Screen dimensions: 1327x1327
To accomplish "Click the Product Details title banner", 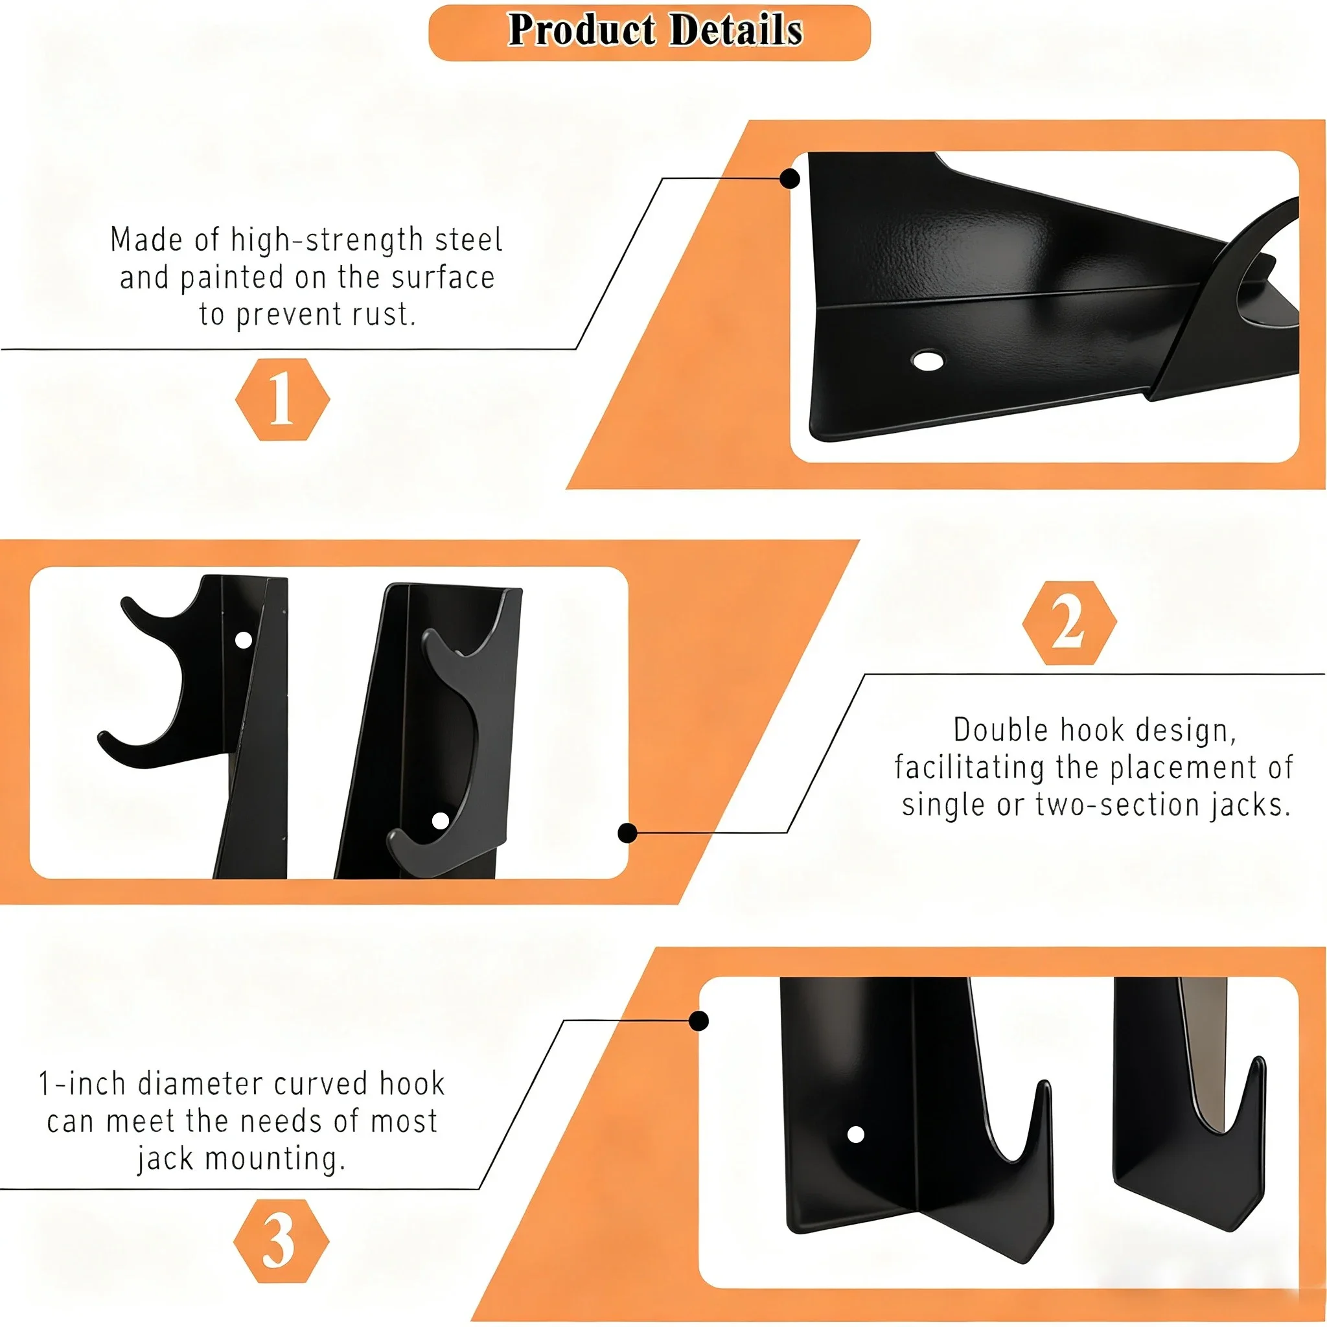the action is pyautogui.click(x=649, y=32).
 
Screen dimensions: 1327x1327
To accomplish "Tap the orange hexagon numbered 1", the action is pyautogui.click(x=283, y=399).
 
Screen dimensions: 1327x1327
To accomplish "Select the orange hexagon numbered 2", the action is pyautogui.click(x=1068, y=622).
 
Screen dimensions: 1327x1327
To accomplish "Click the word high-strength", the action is pyautogui.click(x=327, y=240).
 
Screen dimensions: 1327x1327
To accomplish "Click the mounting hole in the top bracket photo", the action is pyautogui.click(x=927, y=360).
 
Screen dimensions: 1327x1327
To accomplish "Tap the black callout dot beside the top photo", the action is pyautogui.click(x=790, y=179).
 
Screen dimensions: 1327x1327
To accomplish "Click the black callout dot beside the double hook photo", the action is pyautogui.click(x=627, y=833).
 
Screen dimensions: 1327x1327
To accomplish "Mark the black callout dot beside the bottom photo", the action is pyautogui.click(x=698, y=1021).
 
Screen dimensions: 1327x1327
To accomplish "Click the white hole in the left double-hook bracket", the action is pyautogui.click(x=243, y=640).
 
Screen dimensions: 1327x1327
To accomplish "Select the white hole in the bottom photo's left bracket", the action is pyautogui.click(x=856, y=1135).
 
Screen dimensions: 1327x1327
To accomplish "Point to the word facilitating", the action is pyautogui.click(x=969, y=767).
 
